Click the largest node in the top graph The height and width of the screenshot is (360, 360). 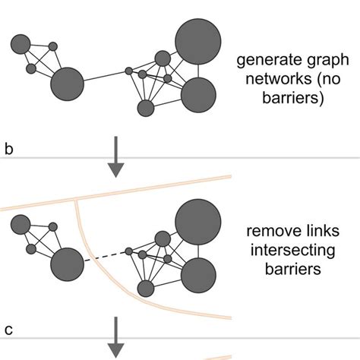[x=198, y=39]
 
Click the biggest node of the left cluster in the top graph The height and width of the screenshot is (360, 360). [x=68, y=84]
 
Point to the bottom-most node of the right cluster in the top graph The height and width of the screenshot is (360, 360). [x=145, y=108]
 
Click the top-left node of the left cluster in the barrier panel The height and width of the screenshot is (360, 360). [x=21, y=225]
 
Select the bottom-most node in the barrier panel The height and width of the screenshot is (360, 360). [x=145, y=289]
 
